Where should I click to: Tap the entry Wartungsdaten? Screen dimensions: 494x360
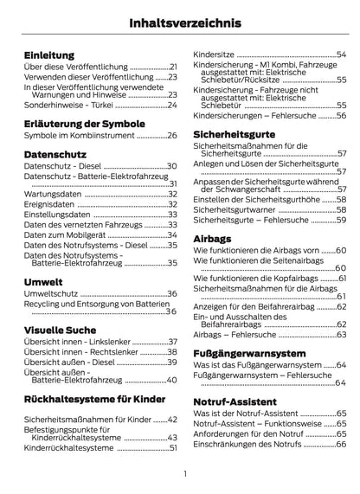51,194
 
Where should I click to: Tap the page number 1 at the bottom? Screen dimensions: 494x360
185,473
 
